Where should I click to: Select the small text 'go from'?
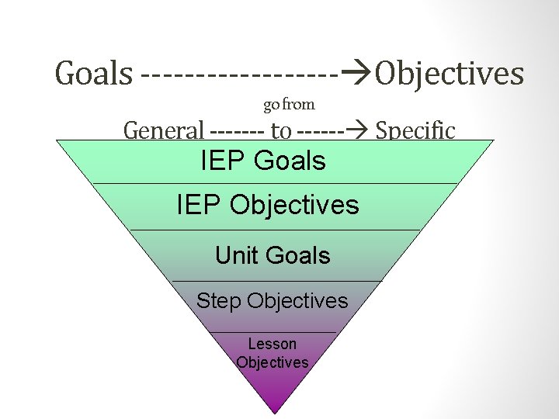coord(289,104)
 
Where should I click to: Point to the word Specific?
coord(415,130)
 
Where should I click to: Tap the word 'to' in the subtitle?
coord(280,131)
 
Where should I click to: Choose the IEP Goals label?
coord(263,161)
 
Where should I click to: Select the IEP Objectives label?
coord(268,205)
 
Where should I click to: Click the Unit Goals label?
coord(273,255)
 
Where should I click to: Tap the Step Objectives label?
coord(273,300)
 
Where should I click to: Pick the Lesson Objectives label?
coord(273,353)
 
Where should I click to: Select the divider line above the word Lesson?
coord(273,332)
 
